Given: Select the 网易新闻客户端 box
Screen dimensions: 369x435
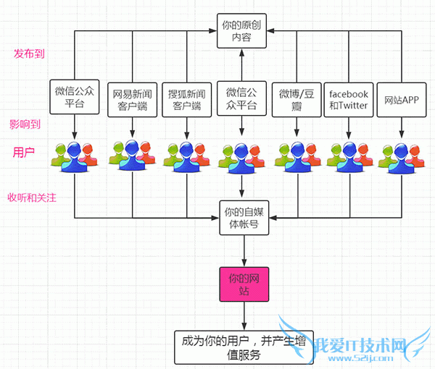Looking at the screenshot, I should pyautogui.click(x=132, y=99).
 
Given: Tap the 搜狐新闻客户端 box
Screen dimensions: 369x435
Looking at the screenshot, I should pyautogui.click(x=187, y=99).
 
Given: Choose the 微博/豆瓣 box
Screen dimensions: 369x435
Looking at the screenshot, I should pyautogui.click(x=296, y=99).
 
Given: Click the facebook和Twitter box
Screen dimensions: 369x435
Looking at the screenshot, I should pyautogui.click(x=349, y=99).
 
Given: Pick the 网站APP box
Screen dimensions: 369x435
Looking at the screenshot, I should pyautogui.click(x=402, y=98).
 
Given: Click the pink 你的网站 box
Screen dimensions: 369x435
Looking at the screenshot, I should pyautogui.click(x=244, y=283).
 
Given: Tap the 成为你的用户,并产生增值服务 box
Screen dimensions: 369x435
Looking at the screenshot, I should pyautogui.click(x=244, y=347).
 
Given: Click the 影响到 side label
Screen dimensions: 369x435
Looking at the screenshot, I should pyautogui.click(x=25, y=124).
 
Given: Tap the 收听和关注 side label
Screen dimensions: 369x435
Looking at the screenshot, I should pyautogui.click(x=32, y=198).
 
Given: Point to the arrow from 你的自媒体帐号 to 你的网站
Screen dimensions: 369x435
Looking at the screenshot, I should pyautogui.click(x=244, y=250).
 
